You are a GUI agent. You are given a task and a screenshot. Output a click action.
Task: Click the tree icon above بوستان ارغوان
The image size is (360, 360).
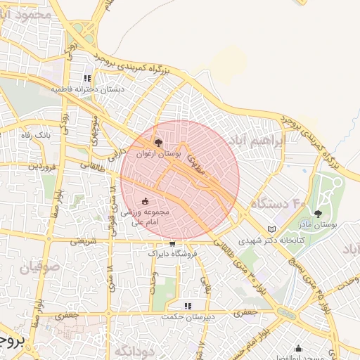pyautogui.click(x=158, y=143)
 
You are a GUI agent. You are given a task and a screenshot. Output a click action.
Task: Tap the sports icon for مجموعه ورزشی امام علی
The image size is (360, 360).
pyautogui.click(x=146, y=202)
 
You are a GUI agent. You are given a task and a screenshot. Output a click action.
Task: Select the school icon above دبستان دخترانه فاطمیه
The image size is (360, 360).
pyautogui.click(x=88, y=79)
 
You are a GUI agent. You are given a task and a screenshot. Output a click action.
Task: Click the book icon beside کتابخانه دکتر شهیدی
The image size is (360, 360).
pyautogui.click(x=273, y=229)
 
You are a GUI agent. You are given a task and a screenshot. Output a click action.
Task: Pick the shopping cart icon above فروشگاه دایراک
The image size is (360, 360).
pyautogui.click(x=172, y=243)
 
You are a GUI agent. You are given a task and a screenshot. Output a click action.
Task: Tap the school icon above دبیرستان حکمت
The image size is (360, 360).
pyautogui.click(x=188, y=306)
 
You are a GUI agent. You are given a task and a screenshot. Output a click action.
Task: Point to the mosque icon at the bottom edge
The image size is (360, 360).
pyautogui.click(x=299, y=348)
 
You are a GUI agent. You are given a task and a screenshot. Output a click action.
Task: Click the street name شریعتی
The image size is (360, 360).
pyautogui.click(x=83, y=240)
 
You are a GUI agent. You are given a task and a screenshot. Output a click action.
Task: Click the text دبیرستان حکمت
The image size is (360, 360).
pyautogui.click(x=188, y=317)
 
